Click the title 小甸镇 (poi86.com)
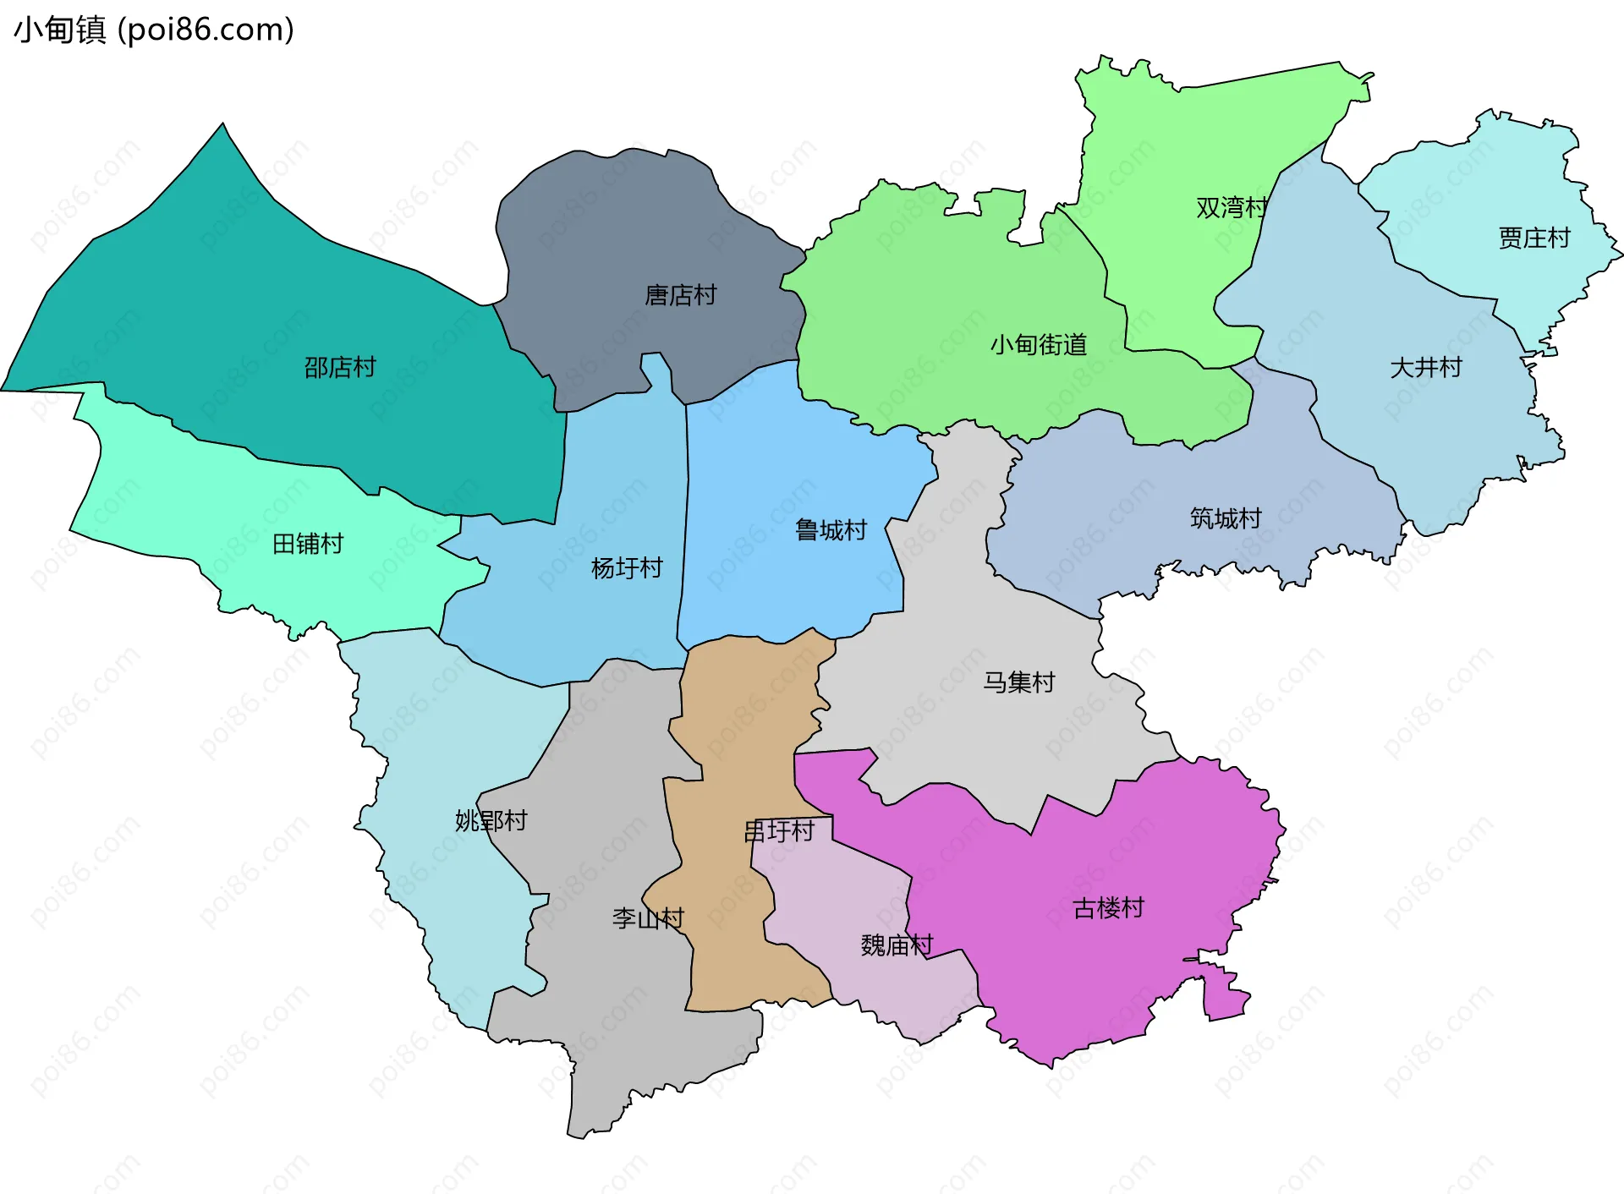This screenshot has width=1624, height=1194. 154,30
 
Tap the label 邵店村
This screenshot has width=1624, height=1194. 340,367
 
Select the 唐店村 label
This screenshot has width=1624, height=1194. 680,295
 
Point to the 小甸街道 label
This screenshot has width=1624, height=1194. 1038,345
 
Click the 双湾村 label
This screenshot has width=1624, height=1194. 1232,207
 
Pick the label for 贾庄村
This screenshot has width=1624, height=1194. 1533,238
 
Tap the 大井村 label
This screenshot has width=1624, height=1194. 1425,368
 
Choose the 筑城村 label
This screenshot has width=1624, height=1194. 1226,518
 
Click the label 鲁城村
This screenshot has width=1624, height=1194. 831,530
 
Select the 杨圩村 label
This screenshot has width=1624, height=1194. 627,568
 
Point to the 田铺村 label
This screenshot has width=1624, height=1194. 308,544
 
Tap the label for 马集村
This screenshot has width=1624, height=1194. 1018,682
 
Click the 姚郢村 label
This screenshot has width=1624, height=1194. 491,820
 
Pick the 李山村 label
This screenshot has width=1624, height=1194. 648,918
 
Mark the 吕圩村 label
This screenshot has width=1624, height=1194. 779,831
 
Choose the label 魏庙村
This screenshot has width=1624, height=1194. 897,945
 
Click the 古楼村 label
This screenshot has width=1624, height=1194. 1108,908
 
